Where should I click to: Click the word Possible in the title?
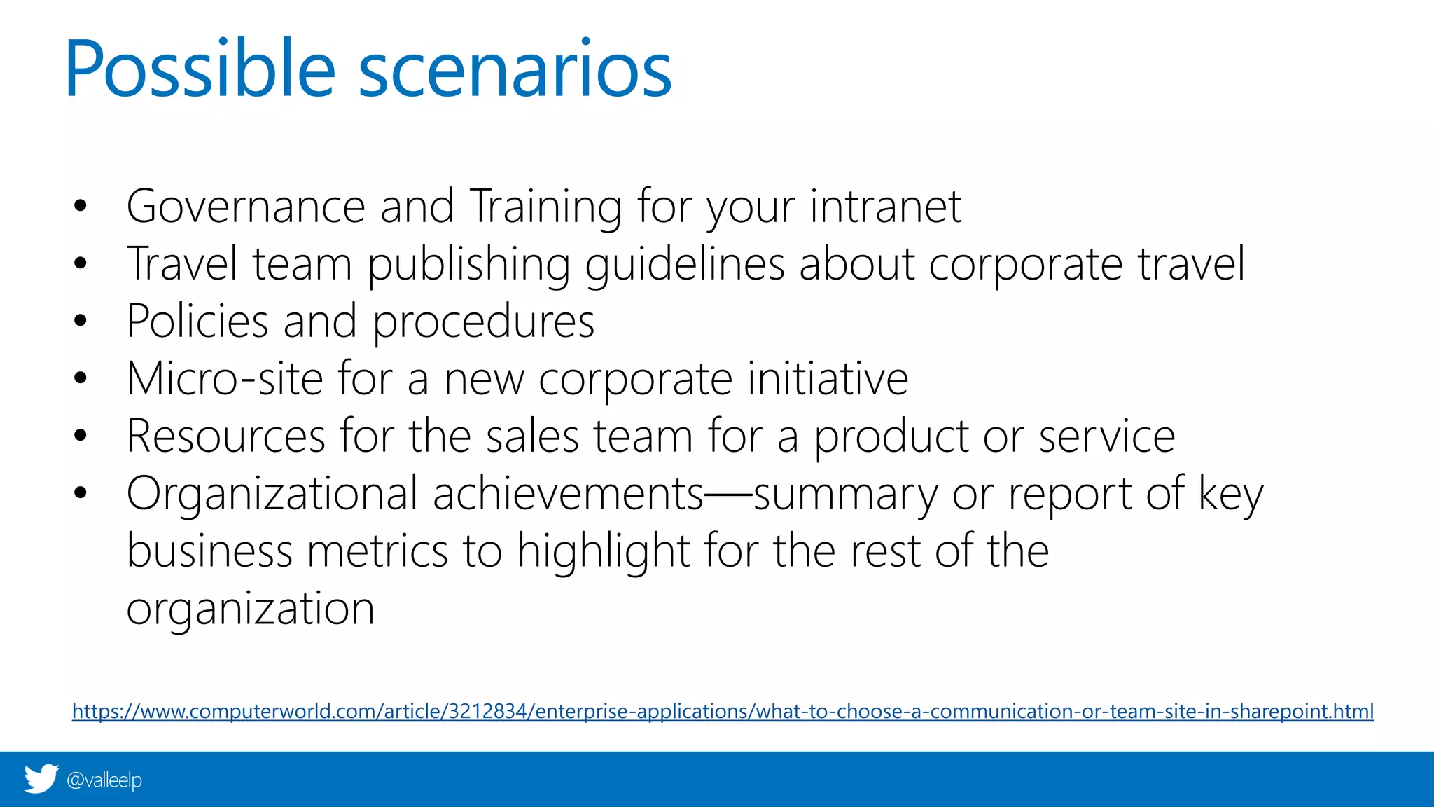200,70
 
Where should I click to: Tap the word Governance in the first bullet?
246,207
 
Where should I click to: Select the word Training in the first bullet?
545,208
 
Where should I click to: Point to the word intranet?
886,207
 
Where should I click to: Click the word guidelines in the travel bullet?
685,265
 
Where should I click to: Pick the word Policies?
197,322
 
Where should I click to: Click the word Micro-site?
225,379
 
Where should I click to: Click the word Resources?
226,436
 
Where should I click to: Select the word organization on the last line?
250,609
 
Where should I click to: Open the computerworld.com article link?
723,711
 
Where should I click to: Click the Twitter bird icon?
41,779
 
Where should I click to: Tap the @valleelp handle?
104,780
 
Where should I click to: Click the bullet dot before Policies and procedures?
81,321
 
